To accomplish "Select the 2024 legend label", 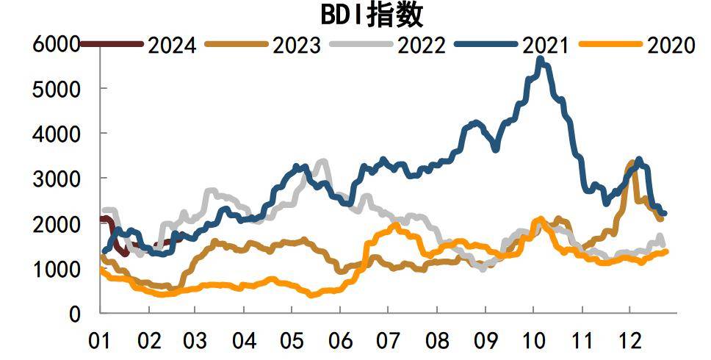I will coord(171,46).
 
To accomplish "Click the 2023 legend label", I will coord(296,46).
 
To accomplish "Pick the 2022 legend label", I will coord(421,46).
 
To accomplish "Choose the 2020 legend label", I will coord(670,46).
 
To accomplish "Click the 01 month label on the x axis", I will coord(100,342).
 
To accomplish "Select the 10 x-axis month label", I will coord(533,342).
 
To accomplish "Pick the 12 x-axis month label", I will coord(629,342).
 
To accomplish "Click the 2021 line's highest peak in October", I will coord(542,60).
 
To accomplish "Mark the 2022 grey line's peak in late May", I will coord(324,160).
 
